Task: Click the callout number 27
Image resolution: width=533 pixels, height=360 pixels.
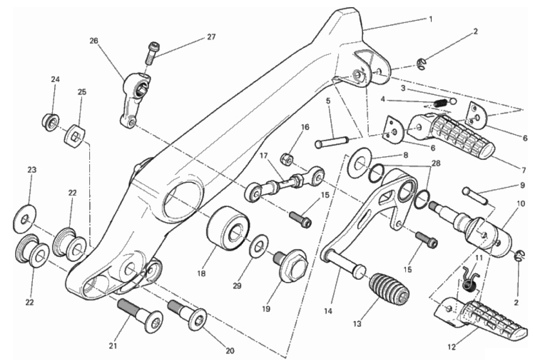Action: click(x=211, y=37)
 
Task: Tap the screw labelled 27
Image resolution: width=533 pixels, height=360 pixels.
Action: click(x=151, y=54)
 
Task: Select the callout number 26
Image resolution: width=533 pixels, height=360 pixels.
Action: click(x=94, y=41)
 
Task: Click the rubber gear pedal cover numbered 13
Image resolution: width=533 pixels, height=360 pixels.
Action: click(x=388, y=289)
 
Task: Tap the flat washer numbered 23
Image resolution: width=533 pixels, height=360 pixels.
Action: click(x=24, y=219)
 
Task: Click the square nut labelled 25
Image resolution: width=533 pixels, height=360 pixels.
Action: click(x=75, y=136)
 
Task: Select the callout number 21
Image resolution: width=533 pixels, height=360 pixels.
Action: click(x=113, y=346)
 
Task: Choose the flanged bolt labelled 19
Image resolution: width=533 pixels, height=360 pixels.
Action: click(x=291, y=265)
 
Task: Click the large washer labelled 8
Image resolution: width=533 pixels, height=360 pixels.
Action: click(x=359, y=163)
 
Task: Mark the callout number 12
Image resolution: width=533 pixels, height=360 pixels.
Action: click(x=451, y=347)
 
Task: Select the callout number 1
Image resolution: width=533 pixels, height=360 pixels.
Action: click(x=430, y=19)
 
